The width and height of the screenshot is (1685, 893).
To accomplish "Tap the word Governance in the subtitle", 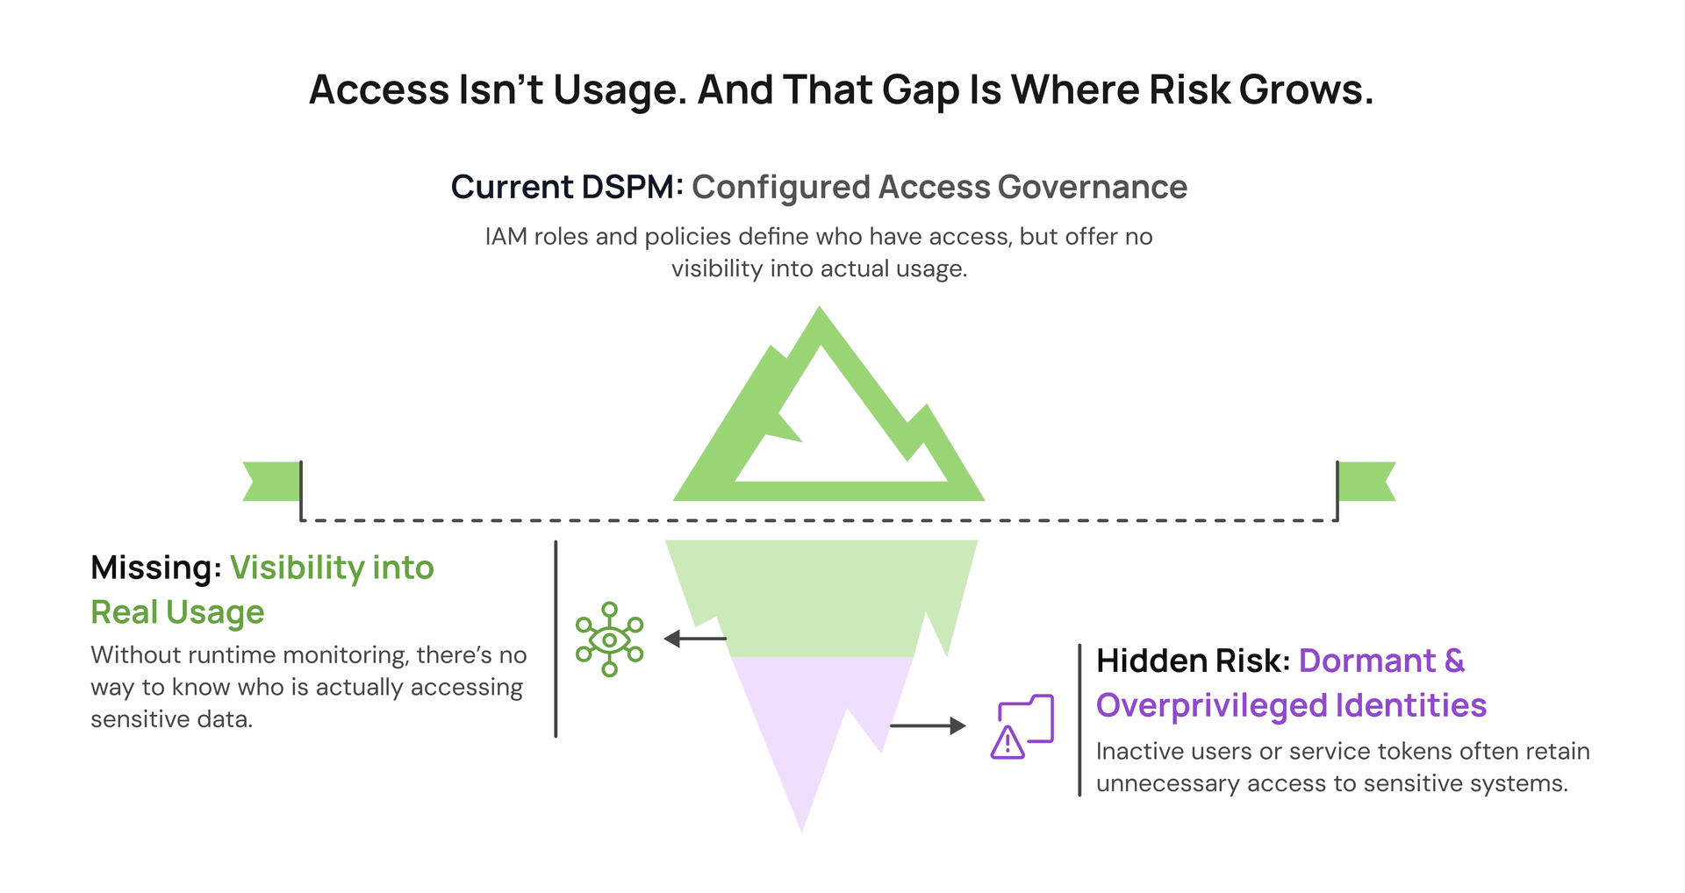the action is (1093, 187).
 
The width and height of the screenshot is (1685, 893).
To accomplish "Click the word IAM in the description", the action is (506, 237).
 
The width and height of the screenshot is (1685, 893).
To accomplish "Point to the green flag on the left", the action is (272, 482).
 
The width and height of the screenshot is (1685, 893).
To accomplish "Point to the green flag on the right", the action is (1366, 482).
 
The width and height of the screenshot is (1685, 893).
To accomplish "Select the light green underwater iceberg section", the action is (821, 597).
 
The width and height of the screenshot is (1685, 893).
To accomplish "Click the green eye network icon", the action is (609, 639).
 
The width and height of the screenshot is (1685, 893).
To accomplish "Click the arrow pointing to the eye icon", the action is (695, 639).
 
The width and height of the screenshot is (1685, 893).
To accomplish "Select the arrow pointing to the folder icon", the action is (928, 725).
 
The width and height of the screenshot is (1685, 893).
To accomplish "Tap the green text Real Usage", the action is (177, 612).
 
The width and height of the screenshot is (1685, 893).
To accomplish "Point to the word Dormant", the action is (1367, 661).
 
